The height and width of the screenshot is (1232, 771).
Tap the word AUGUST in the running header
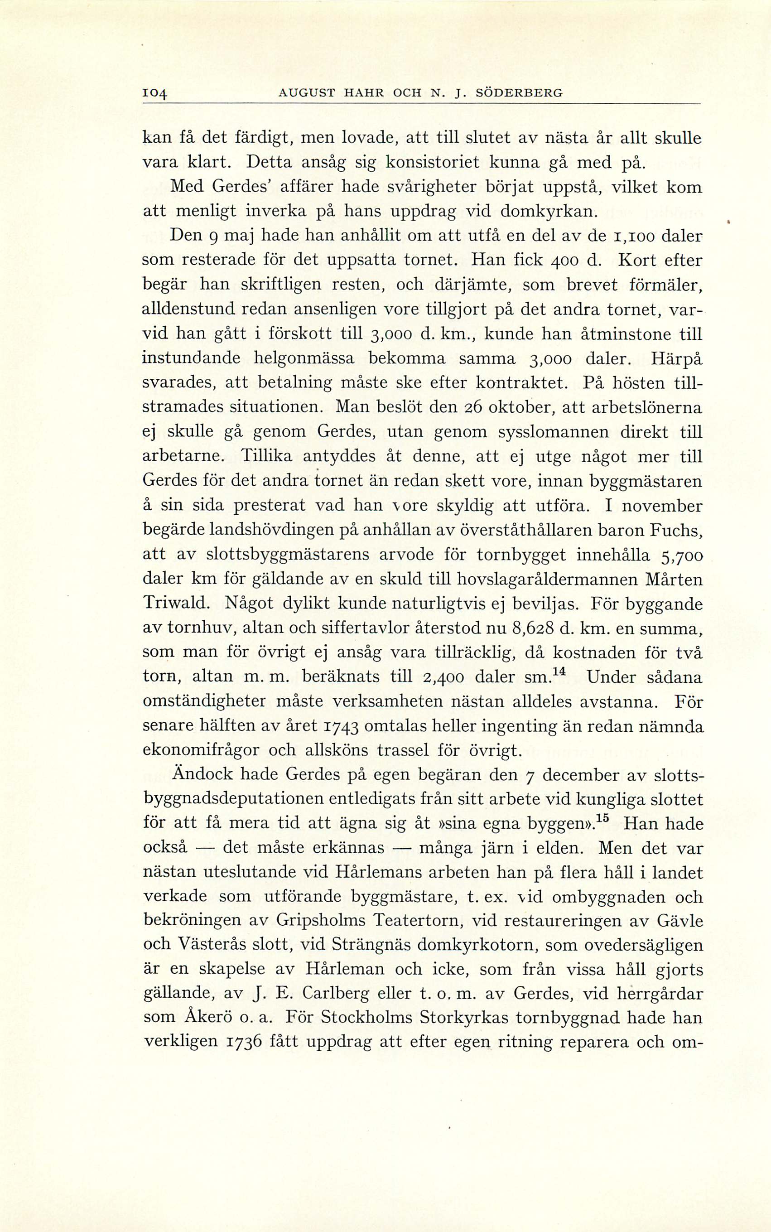tap(305, 93)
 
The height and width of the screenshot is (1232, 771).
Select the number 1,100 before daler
tap(629, 237)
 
